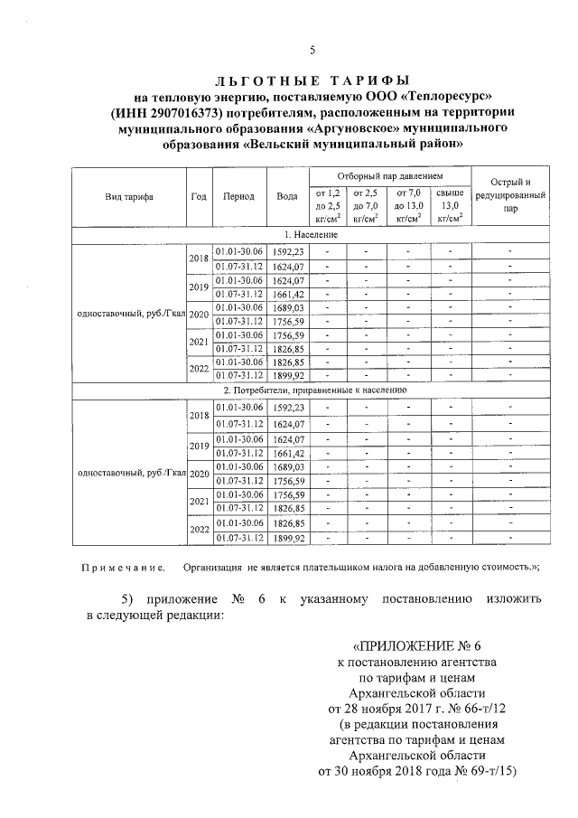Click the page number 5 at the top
click(x=312, y=49)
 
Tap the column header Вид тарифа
click(x=128, y=196)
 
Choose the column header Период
click(x=239, y=196)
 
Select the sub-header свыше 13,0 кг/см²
click(x=450, y=205)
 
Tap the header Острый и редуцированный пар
click(x=510, y=194)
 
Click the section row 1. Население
click(x=312, y=234)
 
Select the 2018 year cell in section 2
click(x=199, y=416)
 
